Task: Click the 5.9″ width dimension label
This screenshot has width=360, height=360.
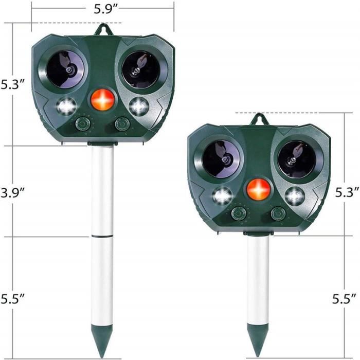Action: click(105, 9)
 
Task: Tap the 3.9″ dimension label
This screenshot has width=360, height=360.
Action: click(12, 192)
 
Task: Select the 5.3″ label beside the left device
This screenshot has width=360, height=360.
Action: click(12, 84)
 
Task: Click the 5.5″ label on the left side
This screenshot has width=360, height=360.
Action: click(12, 299)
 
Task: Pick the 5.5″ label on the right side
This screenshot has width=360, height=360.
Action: click(345, 299)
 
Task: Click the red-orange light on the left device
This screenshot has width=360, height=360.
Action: click(103, 99)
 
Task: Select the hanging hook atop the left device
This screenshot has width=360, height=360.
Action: click(103, 29)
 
